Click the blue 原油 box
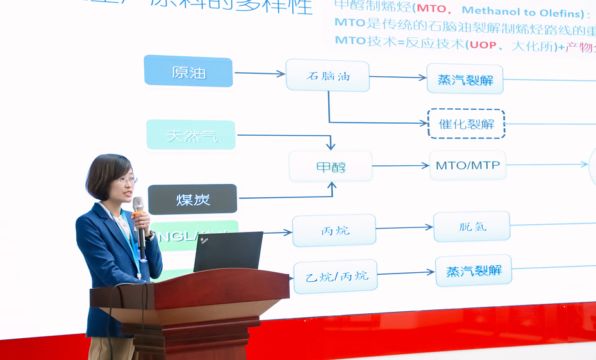click(x=188, y=71)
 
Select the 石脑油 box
click(x=327, y=76)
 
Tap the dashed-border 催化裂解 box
click(x=466, y=124)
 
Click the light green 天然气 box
click(x=191, y=135)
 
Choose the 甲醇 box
click(x=330, y=167)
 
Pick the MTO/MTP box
click(x=467, y=165)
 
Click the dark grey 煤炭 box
click(x=192, y=199)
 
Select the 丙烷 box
click(x=334, y=231)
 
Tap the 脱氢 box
click(x=472, y=227)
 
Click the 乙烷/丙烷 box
click(x=335, y=276)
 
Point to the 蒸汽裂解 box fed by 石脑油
click(x=465, y=79)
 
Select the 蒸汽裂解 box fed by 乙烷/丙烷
click(x=474, y=270)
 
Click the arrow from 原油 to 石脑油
click(x=259, y=74)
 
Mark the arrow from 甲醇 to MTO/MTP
click(x=401, y=165)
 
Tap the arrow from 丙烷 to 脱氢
click(x=404, y=227)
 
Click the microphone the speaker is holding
click(x=139, y=218)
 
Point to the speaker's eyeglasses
click(x=126, y=180)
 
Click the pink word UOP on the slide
click(x=483, y=45)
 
